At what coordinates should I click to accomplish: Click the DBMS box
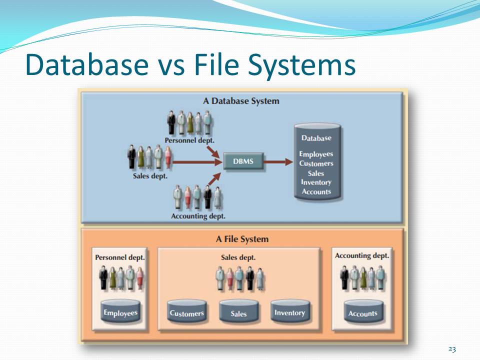243,162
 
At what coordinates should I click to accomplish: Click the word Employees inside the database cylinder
316,154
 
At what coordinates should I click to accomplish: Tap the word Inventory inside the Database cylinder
316,182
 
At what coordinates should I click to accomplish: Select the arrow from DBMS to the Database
278,162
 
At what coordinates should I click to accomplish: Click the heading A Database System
241,101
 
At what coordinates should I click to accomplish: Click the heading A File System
242,239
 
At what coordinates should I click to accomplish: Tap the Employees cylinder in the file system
120,312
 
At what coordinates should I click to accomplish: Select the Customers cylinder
186,312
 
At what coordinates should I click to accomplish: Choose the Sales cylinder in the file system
238,312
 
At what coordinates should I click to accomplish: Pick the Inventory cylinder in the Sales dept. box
289,312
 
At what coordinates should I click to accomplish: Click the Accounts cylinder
362,312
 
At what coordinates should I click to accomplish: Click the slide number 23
452,349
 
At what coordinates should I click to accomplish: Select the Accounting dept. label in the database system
198,216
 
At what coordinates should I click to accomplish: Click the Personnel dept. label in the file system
120,257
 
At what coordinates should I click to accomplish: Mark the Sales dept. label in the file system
238,257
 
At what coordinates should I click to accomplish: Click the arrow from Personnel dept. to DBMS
213,150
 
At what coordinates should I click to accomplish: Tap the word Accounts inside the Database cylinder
316,191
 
